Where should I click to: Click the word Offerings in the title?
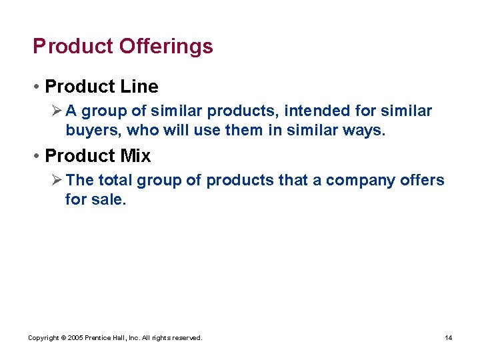pyautogui.click(x=166, y=47)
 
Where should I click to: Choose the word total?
pyautogui.click(x=119, y=180)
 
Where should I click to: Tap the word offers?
pyautogui.click(x=423, y=180)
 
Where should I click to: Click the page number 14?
pyautogui.click(x=449, y=338)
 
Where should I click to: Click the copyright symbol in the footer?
pyautogui.click(x=63, y=338)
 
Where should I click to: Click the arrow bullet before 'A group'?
pyautogui.click(x=56, y=111)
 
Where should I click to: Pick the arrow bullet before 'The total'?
pyautogui.click(x=56, y=180)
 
